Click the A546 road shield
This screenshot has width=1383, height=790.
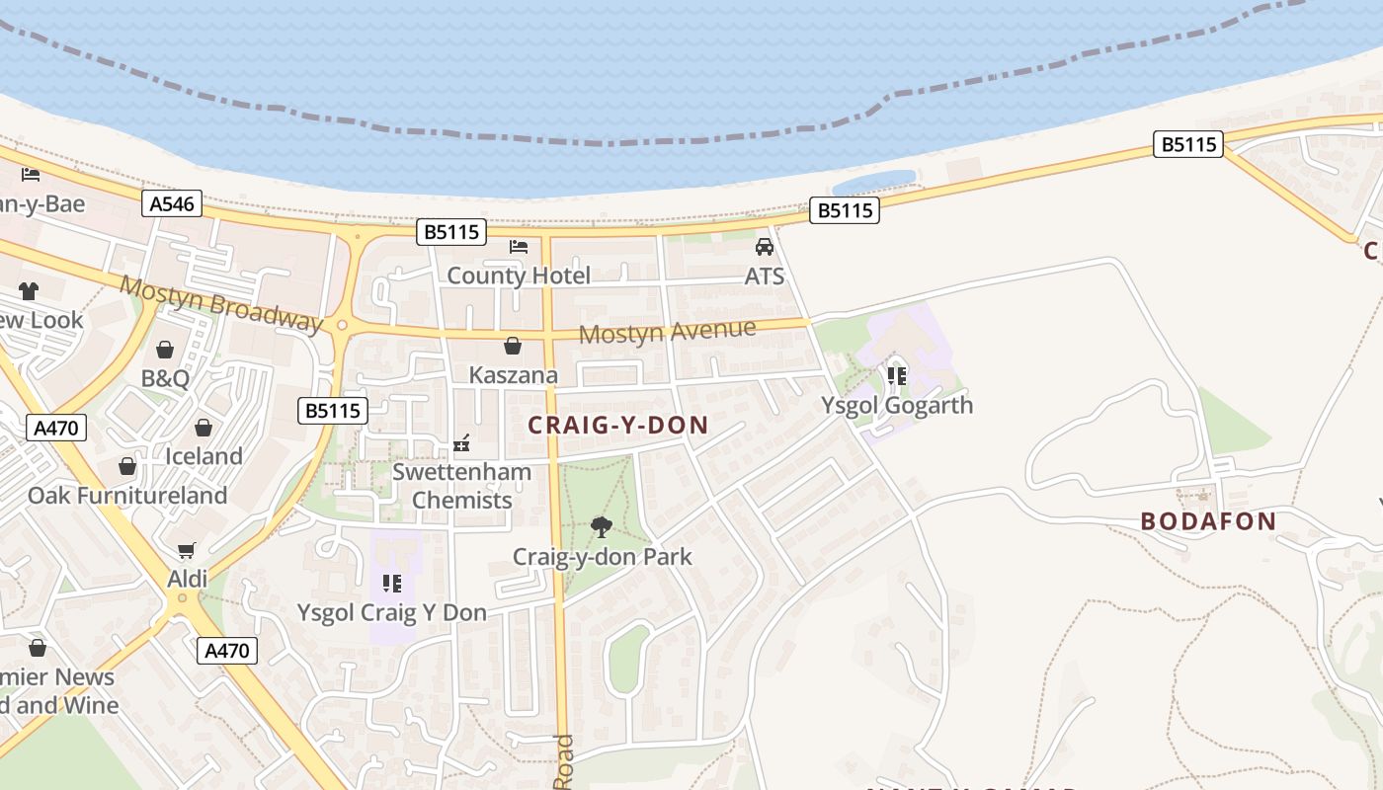coord(172,204)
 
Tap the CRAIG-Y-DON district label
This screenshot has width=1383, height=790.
coord(618,426)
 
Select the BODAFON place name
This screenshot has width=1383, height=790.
coord(1208,521)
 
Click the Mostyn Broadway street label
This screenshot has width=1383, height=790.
coord(221,302)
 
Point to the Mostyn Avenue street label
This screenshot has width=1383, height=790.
coord(667,331)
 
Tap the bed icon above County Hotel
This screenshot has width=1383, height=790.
coord(519,246)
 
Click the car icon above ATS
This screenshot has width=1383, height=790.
coord(764,247)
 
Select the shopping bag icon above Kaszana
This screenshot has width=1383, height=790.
coord(513,346)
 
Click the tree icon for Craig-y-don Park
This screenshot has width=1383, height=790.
coord(601,527)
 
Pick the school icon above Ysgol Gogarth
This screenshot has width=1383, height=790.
coord(897,376)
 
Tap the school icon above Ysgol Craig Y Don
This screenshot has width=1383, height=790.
coord(392,584)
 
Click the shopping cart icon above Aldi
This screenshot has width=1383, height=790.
coord(187,550)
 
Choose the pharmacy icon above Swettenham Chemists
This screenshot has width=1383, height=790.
coord(461,443)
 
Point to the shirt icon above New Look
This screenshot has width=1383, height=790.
coord(28,291)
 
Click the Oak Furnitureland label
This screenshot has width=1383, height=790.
coord(127,495)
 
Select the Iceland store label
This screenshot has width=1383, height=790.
coord(203,456)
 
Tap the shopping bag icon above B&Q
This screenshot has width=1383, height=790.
coord(165,350)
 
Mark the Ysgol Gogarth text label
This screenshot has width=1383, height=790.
coord(897,405)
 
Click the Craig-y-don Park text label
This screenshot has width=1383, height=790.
coord(603,557)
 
